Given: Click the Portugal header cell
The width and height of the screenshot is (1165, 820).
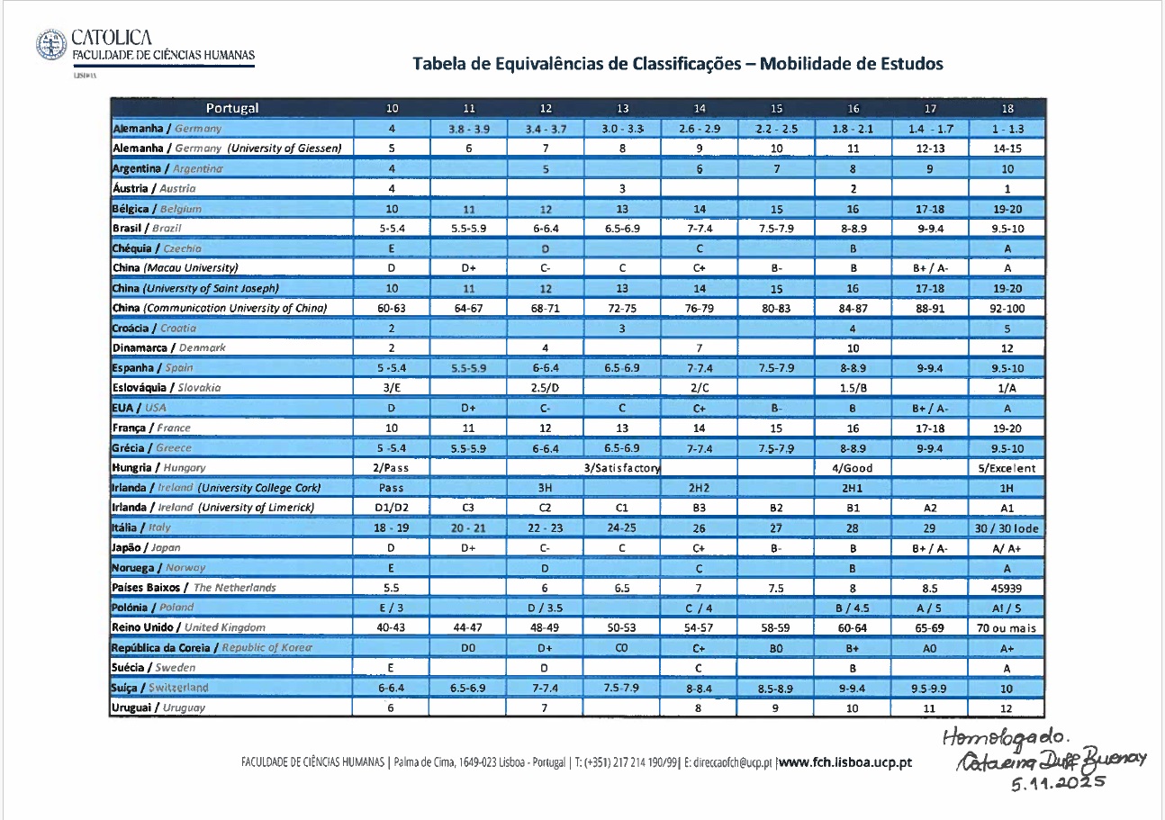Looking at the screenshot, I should point(232,109).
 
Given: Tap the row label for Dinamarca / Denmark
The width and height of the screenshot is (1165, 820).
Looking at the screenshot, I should point(168,347).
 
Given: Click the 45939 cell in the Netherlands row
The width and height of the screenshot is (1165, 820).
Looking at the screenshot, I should point(1007,587).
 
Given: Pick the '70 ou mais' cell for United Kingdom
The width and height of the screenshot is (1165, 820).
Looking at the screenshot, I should point(1007,627).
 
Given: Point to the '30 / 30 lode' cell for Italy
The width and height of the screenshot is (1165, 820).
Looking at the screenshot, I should point(1007,527).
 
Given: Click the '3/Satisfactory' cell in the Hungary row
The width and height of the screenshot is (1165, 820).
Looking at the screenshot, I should point(622,468).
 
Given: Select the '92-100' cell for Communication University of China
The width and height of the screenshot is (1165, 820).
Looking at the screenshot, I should point(1007,308).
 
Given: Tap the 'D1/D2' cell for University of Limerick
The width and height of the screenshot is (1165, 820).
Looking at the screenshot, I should point(392,508).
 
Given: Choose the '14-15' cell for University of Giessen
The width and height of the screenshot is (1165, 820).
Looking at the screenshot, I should point(1007,149).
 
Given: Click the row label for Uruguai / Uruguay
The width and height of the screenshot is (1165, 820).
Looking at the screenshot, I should point(158,707).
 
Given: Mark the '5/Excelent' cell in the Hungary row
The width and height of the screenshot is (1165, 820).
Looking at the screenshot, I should point(1007,468).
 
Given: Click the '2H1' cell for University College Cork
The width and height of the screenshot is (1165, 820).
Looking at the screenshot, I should point(853,488).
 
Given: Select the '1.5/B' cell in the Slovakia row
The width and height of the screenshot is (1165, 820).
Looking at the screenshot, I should point(853,388).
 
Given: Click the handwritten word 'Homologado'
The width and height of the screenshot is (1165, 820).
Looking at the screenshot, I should point(1023,740).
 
